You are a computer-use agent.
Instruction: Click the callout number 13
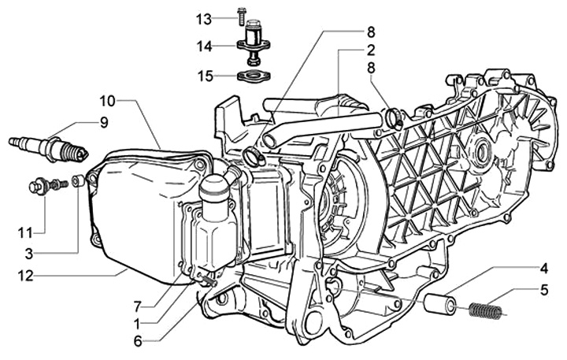click(x=204, y=17)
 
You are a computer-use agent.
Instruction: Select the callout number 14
click(x=204, y=46)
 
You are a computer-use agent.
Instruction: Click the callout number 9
click(x=103, y=122)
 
